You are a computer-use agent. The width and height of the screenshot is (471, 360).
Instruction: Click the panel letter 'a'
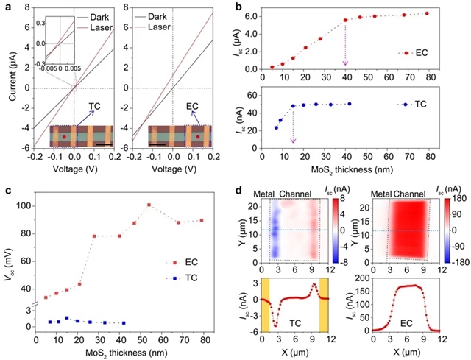(6, 5)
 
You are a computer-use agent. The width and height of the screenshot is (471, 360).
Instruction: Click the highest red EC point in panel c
(149, 205)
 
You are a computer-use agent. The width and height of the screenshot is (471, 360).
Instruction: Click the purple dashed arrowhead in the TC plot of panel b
(293, 140)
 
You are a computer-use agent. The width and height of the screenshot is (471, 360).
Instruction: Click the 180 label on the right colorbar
(456, 200)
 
